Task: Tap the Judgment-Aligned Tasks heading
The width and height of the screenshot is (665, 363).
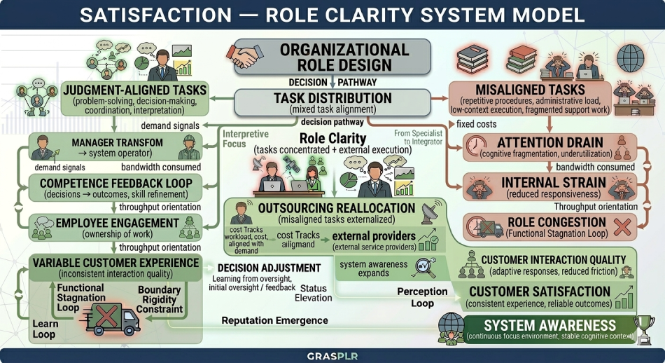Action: coord(134,90)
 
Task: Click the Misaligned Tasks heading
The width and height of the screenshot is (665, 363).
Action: coord(530,90)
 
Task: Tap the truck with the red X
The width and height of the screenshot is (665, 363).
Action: coord(110,317)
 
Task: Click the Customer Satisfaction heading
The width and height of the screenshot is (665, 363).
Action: coord(539,292)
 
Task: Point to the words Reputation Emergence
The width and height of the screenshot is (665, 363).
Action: coord(274,320)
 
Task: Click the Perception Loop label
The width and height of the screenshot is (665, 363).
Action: coord(422,297)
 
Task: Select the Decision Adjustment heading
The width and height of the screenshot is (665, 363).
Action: coord(269,268)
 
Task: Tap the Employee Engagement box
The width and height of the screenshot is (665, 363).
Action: coord(115,228)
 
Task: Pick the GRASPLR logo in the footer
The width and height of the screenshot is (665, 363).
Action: coord(332,356)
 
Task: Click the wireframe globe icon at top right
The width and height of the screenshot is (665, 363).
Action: coord(632,55)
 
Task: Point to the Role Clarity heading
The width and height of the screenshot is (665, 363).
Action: coord(332,138)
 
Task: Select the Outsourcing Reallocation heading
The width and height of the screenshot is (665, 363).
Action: coord(337,208)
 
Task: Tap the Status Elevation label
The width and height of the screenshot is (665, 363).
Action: coord(314,292)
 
